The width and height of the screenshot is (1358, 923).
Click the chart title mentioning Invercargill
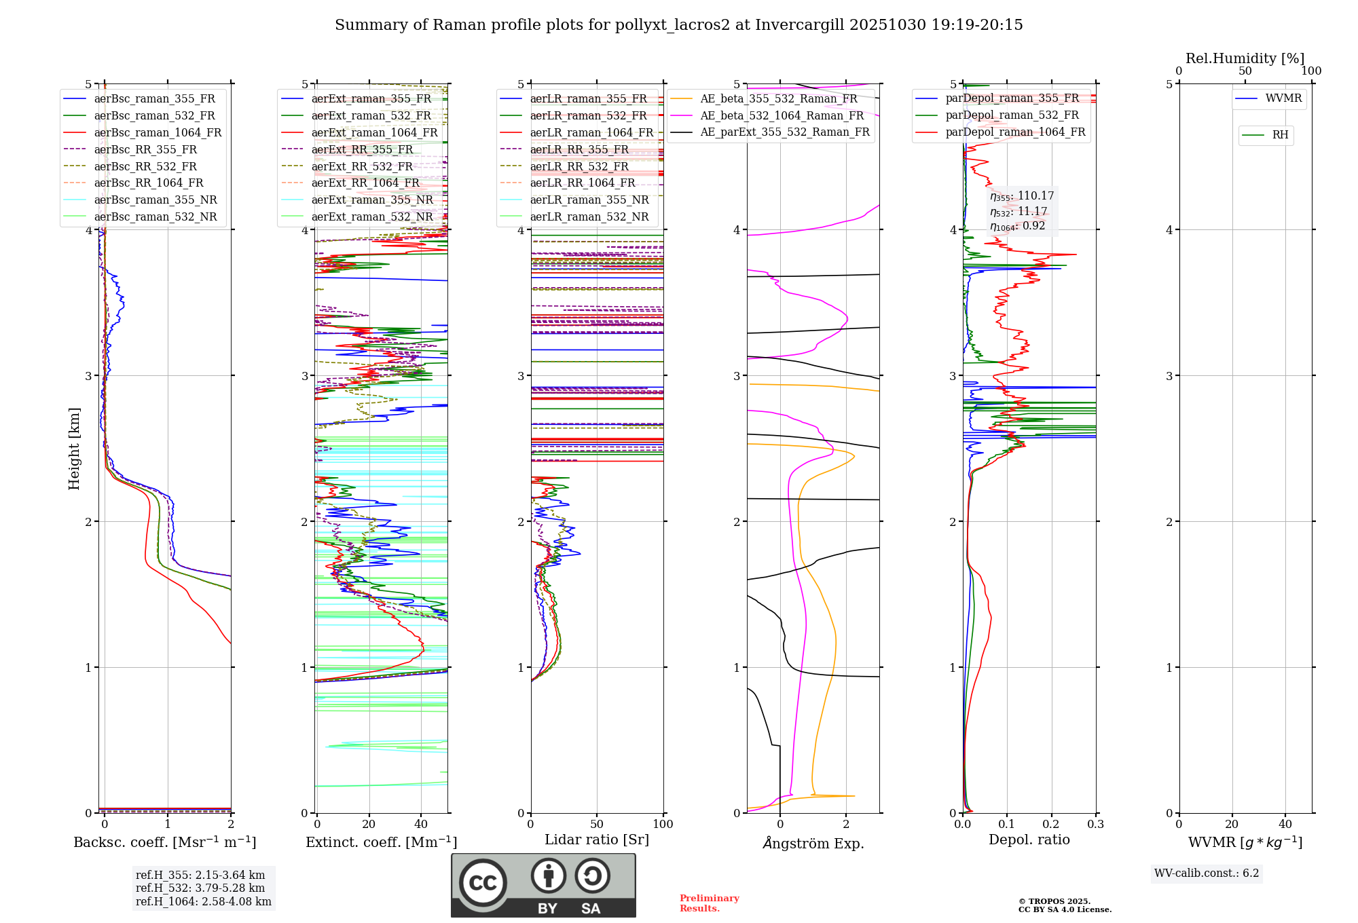click(x=678, y=25)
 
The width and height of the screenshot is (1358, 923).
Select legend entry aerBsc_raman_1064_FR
click(x=158, y=133)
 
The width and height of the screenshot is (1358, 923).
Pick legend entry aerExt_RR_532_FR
click(x=362, y=167)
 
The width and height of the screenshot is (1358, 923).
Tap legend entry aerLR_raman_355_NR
click(x=589, y=200)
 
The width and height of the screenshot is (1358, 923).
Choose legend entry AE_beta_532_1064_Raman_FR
click(x=782, y=116)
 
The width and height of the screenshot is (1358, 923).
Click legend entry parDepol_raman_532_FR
click(x=1012, y=115)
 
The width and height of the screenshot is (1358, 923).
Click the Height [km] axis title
click(x=74, y=449)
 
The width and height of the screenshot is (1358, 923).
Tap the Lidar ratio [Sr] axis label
click(x=596, y=840)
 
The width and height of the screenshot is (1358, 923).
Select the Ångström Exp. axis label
click(x=813, y=844)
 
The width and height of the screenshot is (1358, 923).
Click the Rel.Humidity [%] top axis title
click(x=1245, y=58)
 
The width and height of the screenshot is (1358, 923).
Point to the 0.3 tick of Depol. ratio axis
click(x=1095, y=825)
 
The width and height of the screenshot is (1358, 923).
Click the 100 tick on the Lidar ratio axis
click(x=663, y=825)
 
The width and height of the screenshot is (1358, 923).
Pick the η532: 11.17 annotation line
click(x=1019, y=212)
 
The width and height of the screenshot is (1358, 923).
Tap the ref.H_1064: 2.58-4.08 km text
click(x=203, y=902)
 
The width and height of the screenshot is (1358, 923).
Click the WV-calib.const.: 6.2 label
click(x=1206, y=873)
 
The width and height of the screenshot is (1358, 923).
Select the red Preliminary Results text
click(x=709, y=903)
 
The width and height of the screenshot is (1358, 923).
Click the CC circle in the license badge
click(x=483, y=883)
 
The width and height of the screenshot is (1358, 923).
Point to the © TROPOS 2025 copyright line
click(x=1054, y=901)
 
